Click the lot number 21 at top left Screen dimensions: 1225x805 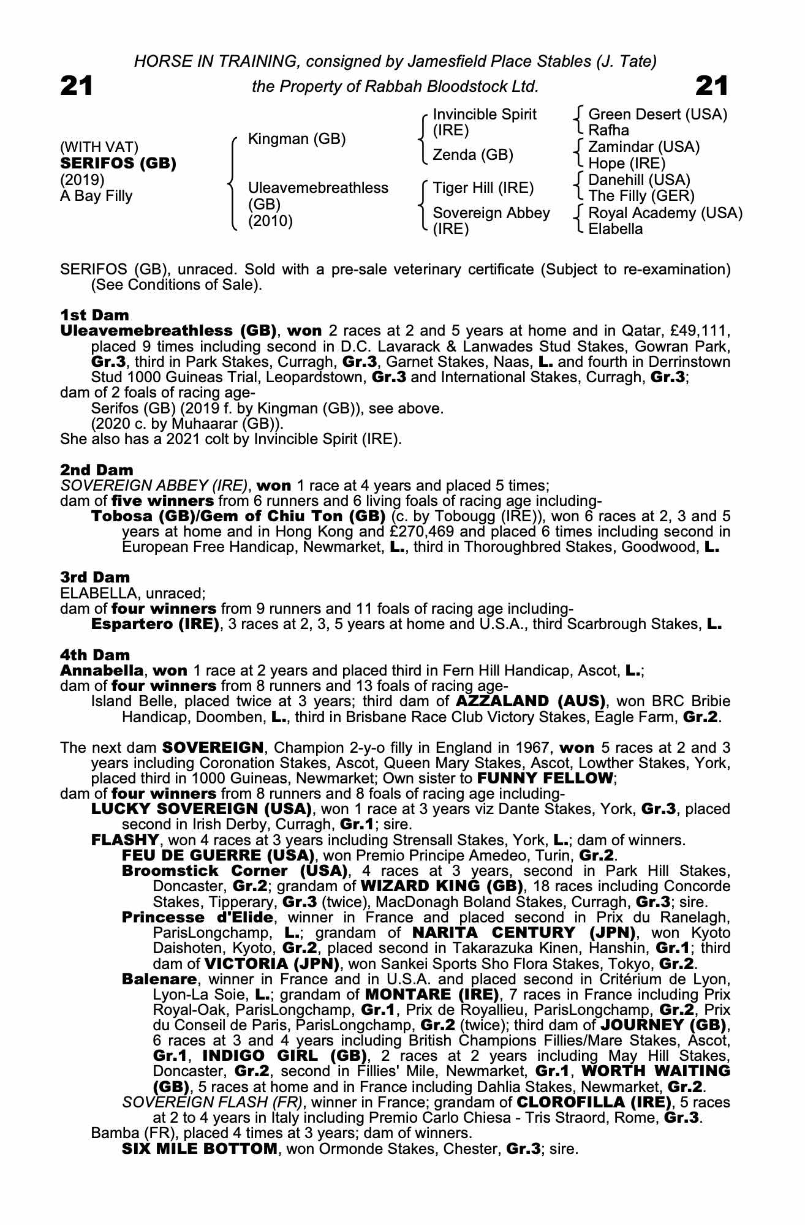point(77,86)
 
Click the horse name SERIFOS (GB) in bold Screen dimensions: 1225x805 point(118,164)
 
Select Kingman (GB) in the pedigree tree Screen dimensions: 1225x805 point(297,139)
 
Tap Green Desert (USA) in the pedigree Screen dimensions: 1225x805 point(657,115)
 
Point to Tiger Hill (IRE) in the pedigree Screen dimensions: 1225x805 point(483,187)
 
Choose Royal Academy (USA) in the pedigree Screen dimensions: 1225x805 point(665,213)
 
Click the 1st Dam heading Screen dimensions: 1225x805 point(94,315)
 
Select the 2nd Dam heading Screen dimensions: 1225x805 point(96,470)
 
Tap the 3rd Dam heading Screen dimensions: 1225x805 point(95,577)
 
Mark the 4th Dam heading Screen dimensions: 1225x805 point(95,655)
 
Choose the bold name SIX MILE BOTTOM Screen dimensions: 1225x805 point(200,1148)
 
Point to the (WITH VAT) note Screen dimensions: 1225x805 point(99,147)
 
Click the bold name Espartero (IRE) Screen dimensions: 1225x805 point(155,624)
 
